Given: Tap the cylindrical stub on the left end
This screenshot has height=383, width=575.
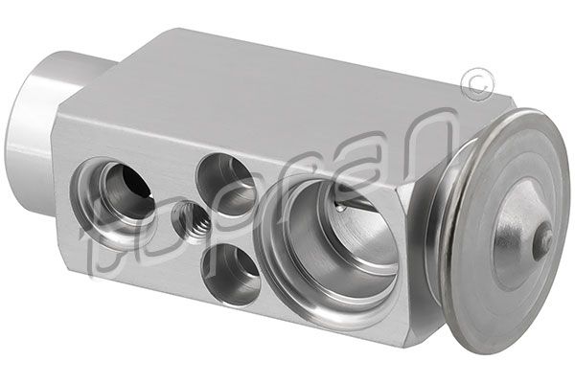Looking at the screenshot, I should point(38,110).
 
